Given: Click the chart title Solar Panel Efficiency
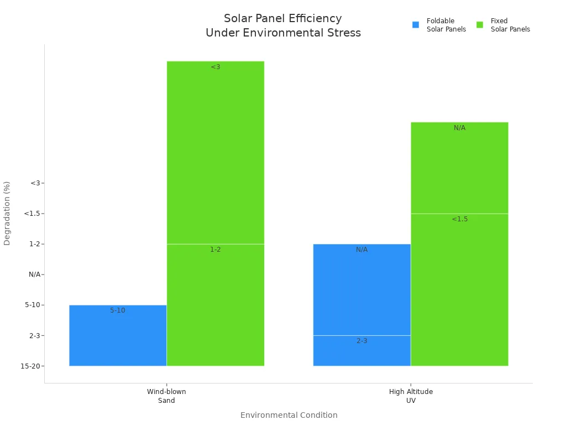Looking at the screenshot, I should (x=282, y=19).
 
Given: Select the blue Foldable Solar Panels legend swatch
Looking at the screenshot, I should (x=416, y=25).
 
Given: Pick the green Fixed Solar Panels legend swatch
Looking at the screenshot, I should (x=480, y=25).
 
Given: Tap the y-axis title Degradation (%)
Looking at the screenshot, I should (x=7, y=213).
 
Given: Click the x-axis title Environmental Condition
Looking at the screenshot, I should (x=289, y=415).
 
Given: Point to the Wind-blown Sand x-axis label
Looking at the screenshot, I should (x=166, y=396).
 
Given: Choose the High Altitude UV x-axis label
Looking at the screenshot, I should (x=411, y=396).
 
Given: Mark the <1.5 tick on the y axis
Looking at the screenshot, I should (x=33, y=214).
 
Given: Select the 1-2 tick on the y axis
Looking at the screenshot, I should (x=35, y=244).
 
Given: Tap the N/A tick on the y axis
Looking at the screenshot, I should (x=34, y=274).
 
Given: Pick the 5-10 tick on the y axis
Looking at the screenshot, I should (x=33, y=305).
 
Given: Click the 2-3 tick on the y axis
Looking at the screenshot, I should (x=35, y=335).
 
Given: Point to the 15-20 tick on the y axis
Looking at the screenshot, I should (x=32, y=366).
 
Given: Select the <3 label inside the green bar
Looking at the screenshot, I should (x=216, y=67).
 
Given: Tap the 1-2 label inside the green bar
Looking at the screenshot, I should (x=216, y=250).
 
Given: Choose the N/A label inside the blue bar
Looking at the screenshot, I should (x=362, y=250).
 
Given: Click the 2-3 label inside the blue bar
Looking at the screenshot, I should (x=362, y=341).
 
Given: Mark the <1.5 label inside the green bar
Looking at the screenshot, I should (x=459, y=219).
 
